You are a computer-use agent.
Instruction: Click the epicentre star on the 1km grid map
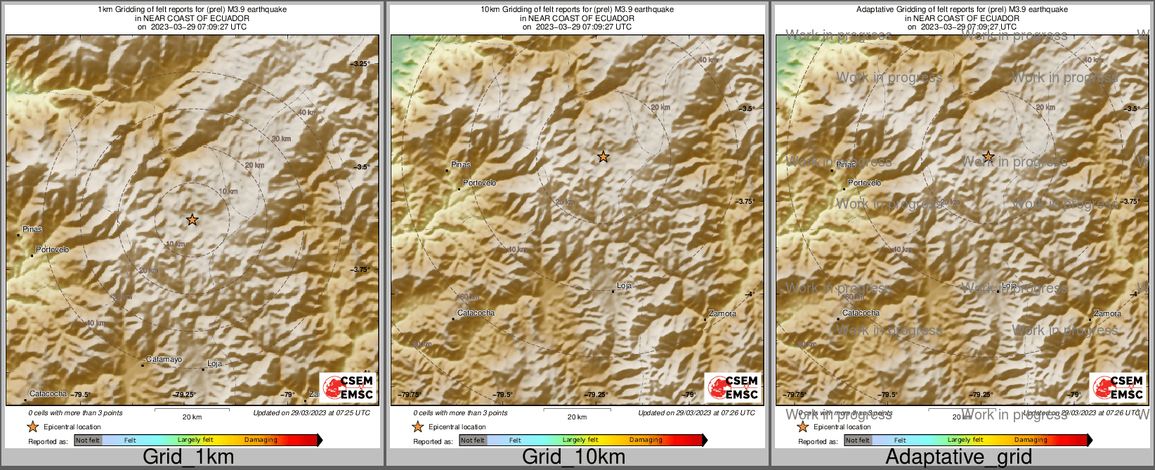click(192, 220)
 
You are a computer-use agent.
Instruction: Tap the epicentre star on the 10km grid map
click(603, 157)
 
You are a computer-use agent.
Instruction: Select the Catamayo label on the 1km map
click(164, 360)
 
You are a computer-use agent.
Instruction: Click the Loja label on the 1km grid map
click(214, 364)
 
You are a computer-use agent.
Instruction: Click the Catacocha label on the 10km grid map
click(476, 313)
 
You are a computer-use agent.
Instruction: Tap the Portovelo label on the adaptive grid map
click(864, 183)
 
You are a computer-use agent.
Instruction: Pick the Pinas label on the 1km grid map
click(32, 229)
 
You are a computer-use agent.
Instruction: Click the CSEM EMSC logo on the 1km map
click(348, 387)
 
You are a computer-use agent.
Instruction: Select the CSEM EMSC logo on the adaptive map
click(1118, 387)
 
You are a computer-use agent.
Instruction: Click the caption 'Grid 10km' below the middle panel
click(573, 457)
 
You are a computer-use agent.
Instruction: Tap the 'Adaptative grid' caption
click(958, 457)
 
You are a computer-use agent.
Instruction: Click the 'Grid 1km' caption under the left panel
click(188, 457)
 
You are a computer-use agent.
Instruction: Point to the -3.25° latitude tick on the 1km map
click(360, 64)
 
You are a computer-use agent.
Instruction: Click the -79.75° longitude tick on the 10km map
click(410, 395)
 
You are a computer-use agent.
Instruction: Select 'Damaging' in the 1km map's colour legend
click(261, 440)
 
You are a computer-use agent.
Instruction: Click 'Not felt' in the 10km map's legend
click(473, 440)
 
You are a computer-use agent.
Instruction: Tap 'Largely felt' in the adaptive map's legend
click(965, 440)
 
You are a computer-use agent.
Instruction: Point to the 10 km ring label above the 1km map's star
click(228, 192)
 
